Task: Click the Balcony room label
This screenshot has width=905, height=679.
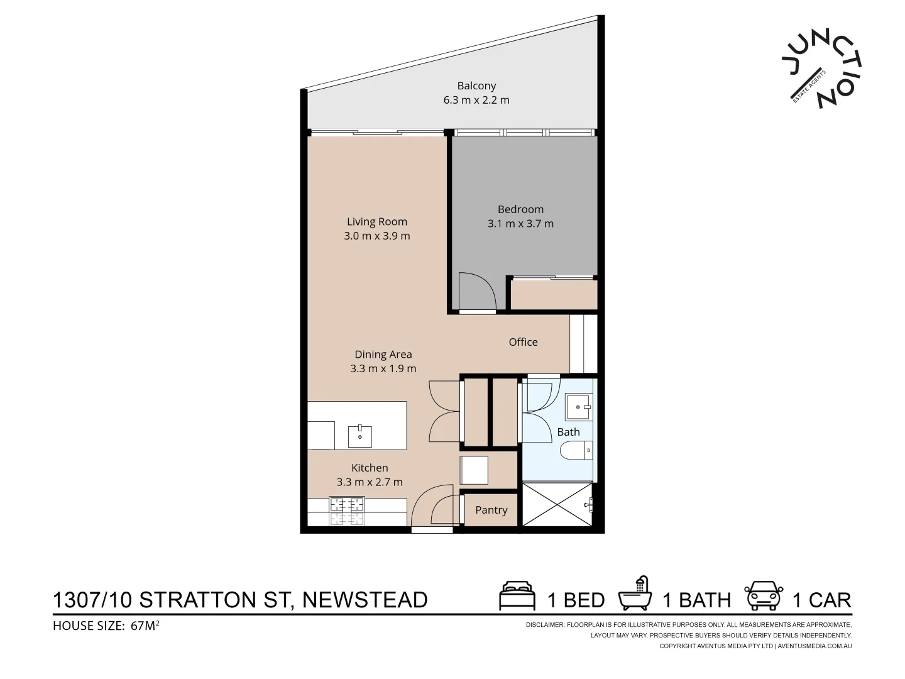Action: [476, 86]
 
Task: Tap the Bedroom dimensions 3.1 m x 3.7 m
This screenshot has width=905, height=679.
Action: [520, 224]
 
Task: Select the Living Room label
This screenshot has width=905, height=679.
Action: [377, 221]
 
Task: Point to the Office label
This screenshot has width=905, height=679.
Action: [523, 342]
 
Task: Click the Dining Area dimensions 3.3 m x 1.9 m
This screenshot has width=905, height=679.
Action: [383, 369]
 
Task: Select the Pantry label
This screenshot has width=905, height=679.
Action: [491, 510]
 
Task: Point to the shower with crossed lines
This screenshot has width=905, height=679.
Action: [556, 505]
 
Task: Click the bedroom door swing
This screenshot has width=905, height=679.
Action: [476, 292]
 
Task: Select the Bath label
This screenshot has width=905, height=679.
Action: [568, 432]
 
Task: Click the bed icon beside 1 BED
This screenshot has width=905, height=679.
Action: [517, 597]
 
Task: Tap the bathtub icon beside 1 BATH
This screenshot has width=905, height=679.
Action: [636, 595]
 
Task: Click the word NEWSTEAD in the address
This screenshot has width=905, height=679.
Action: [365, 600]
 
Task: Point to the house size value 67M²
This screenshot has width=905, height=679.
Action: [145, 626]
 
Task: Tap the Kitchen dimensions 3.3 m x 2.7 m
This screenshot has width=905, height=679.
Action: [370, 482]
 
